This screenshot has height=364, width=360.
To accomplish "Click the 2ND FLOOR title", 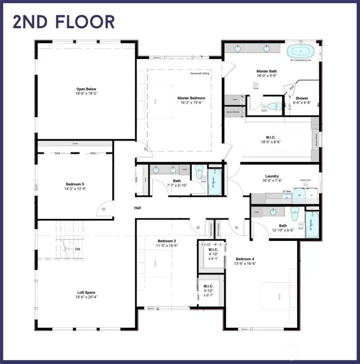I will pyautogui.click(x=63, y=22).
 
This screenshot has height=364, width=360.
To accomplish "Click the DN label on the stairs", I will pyautogui.click(x=77, y=249).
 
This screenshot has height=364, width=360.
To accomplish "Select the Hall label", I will pyautogui.click(x=137, y=208).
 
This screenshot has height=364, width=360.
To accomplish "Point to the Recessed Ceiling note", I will pyautogui.click(x=199, y=74).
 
